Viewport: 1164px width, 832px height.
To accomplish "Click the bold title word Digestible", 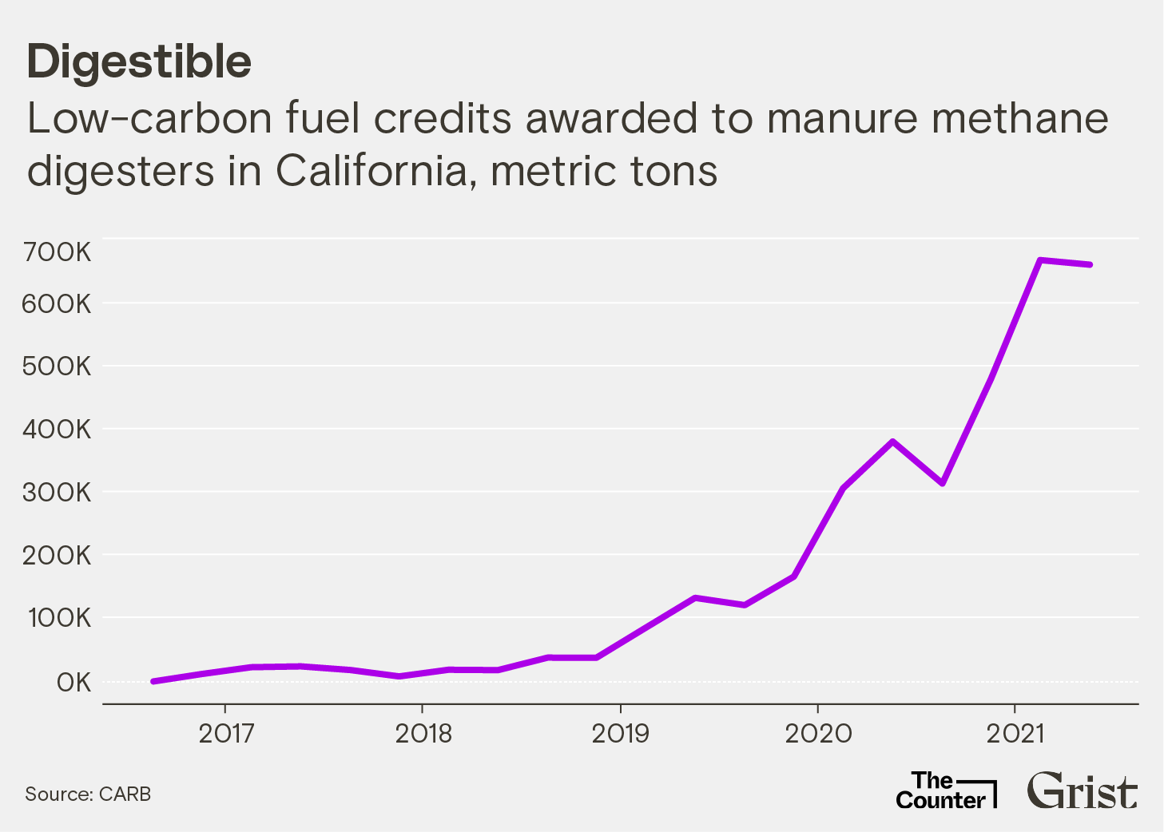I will click(139, 62).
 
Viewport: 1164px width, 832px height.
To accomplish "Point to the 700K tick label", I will click(58, 252).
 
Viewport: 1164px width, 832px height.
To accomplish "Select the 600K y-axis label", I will click(58, 304).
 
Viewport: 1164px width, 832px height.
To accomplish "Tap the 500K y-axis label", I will click(58, 367).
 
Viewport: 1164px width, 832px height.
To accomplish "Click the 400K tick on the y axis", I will click(58, 430).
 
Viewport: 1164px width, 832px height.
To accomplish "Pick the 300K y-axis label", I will click(58, 493).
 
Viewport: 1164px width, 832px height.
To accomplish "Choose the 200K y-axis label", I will click(58, 556).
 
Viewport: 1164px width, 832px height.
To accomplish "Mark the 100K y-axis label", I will click(60, 618).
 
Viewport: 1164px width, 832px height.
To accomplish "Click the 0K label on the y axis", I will click(73, 683).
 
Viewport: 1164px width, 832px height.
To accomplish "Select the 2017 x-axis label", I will click(226, 733).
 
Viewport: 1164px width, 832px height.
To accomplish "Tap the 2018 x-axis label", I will click(423, 733).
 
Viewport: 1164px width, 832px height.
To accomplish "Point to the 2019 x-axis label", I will click(621, 733).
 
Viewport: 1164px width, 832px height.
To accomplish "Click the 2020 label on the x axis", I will click(818, 733).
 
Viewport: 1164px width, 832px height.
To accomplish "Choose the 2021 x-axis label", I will click(1015, 733).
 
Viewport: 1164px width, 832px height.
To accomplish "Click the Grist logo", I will click(1082, 790).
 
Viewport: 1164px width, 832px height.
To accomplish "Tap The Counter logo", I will click(945, 790).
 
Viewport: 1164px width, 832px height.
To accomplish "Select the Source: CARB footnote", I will click(88, 794).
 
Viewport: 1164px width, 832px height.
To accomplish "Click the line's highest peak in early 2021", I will click(1040, 260).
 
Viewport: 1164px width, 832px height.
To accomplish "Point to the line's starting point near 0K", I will click(153, 681).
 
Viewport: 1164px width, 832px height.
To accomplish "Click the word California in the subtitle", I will click(371, 171).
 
